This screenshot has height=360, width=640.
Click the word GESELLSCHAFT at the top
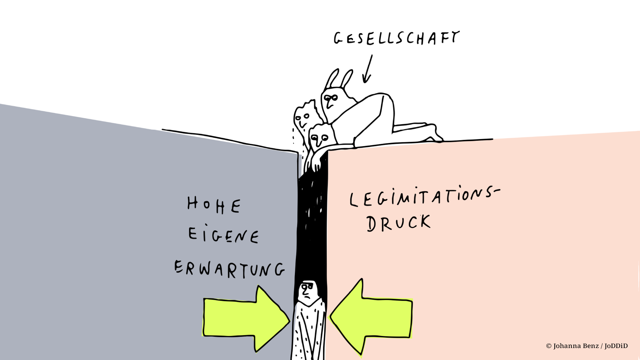pyautogui.click(x=397, y=38)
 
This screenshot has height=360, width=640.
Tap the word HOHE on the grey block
pyautogui.click(x=214, y=205)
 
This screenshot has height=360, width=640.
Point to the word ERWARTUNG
pyautogui.click(x=230, y=269)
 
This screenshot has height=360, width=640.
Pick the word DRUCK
pyautogui.click(x=399, y=223)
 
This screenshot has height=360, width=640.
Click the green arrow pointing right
pyautogui.click(x=246, y=318)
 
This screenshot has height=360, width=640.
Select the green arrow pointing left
pyautogui.click(x=371, y=317)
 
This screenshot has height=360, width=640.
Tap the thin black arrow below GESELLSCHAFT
pyautogui.click(x=368, y=69)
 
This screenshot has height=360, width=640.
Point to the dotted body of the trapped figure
pyautogui.click(x=308, y=330)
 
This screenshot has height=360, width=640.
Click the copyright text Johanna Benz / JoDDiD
pyautogui.click(x=587, y=346)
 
